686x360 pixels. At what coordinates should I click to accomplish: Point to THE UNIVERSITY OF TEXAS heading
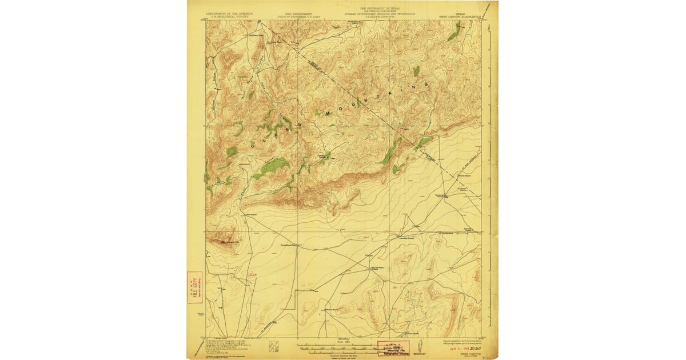pyautogui.click(x=380, y=9)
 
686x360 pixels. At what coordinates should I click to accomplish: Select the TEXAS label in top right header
pyautogui.click(x=460, y=11)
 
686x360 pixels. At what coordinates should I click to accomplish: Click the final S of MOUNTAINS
pyautogui.click(x=426, y=83)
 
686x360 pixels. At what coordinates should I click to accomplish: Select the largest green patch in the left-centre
pyautogui.click(x=269, y=166)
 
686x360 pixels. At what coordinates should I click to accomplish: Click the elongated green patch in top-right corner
pyautogui.click(x=454, y=35)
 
